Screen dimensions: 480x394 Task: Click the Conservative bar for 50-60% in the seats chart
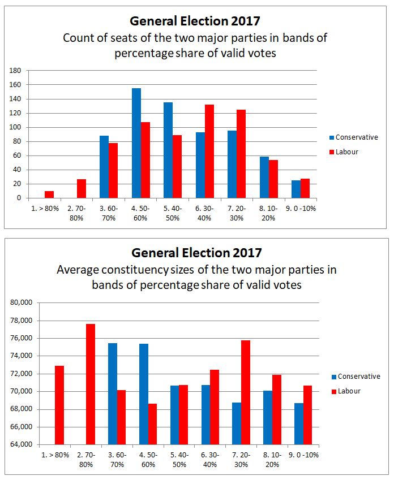coord(136,143)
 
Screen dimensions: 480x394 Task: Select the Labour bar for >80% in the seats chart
coord(49,194)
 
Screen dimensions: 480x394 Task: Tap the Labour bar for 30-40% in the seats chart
coord(209,151)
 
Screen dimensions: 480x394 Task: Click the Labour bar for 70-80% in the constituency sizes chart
coord(90,384)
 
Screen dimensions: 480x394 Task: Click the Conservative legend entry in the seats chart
coord(356,137)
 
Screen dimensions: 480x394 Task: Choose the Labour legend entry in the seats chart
coord(346,152)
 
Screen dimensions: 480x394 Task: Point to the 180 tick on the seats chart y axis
coord(15,71)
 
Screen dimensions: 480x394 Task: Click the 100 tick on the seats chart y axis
coord(15,127)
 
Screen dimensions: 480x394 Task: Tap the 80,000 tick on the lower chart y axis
coord(22,302)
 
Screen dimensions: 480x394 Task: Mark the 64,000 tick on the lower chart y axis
coord(22,444)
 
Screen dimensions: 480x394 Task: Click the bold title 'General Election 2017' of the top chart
coord(195,21)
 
